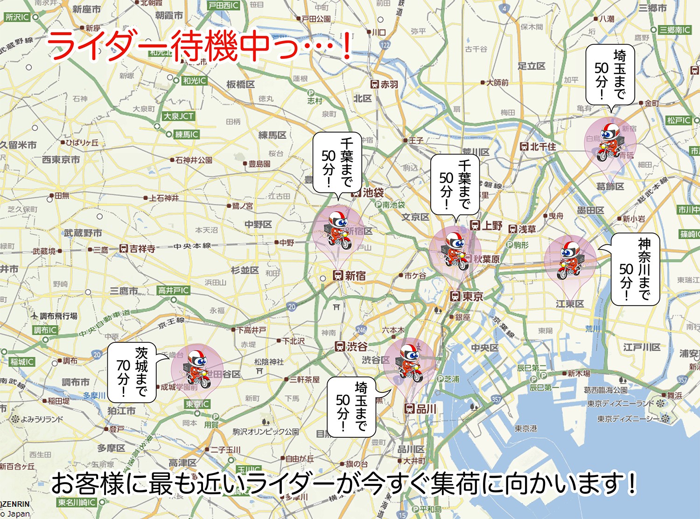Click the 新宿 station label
point(350,276)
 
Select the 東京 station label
point(467,296)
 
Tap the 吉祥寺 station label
point(138,249)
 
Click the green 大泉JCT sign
point(178,116)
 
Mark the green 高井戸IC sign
point(174,291)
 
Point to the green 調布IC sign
point(45,330)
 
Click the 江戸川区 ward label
point(642,347)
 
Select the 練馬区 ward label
point(273,135)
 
